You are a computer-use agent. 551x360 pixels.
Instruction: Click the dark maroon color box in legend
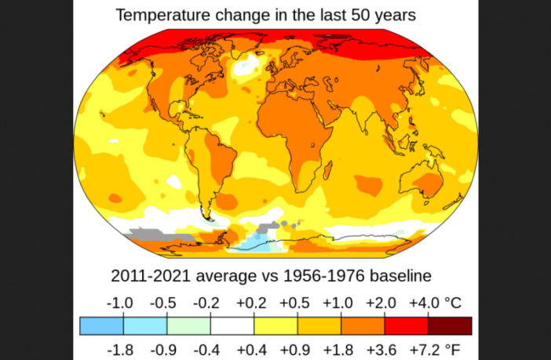[450, 325]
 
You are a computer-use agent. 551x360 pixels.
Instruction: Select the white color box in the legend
[232, 325]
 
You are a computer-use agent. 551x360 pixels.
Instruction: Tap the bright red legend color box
[406, 325]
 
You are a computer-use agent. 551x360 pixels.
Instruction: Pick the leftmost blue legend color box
[101, 325]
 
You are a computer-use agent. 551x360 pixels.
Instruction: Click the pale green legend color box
[189, 325]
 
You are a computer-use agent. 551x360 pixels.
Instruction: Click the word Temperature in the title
[161, 14]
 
